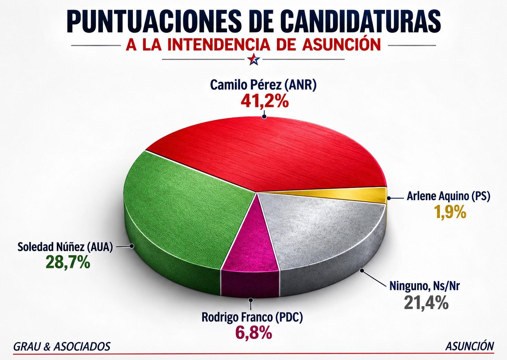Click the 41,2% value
[x=265, y=101]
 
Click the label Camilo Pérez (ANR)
[x=263, y=85]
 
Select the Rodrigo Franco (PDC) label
[x=252, y=317]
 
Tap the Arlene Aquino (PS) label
[x=448, y=196]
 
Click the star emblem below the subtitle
[x=254, y=59]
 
